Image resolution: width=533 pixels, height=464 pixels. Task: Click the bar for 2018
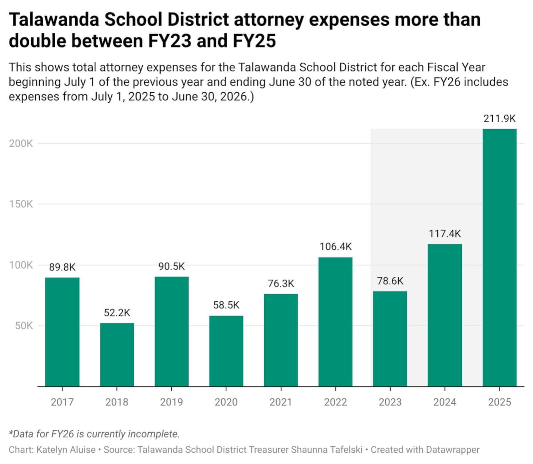[117, 354]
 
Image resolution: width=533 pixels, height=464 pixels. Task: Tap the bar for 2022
[335, 321]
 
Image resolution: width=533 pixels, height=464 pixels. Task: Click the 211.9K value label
[499, 119]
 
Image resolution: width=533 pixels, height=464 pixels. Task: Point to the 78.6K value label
[390, 281]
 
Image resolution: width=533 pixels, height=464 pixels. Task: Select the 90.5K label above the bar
[171, 266]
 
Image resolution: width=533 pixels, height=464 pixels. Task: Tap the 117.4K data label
[444, 234]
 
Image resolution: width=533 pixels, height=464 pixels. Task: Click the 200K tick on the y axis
[21, 144]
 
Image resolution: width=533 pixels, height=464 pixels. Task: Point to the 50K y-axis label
[24, 326]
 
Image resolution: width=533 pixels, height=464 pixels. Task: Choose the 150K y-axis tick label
[21, 204]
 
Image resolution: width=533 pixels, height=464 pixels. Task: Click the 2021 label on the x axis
[280, 402]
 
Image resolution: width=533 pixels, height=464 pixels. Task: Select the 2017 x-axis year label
[62, 402]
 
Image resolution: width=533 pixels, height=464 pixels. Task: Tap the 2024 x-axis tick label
[444, 402]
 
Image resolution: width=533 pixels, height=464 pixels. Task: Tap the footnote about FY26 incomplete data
[94, 434]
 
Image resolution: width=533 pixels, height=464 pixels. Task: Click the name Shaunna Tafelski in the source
[326, 450]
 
